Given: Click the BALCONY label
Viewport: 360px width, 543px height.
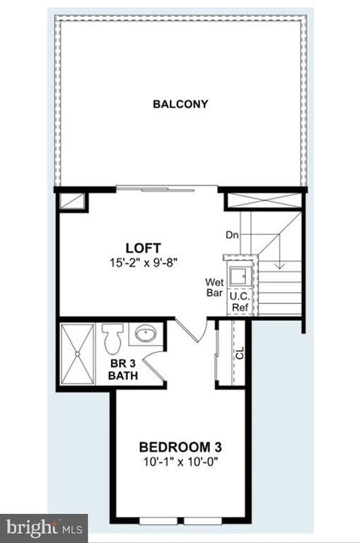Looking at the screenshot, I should coord(180,104).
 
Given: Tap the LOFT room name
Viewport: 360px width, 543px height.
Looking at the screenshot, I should coord(143,248).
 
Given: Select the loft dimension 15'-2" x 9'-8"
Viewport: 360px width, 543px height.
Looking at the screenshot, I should coord(143,262).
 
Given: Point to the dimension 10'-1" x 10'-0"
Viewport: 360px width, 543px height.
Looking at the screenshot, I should coord(180,461).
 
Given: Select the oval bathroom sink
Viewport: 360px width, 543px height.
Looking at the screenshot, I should coord(147,333).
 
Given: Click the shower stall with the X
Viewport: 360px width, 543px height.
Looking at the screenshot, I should coord(78,354).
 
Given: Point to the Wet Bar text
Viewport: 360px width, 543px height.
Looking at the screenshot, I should coord(214,287).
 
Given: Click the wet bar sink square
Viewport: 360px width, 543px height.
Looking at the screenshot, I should coord(238,275).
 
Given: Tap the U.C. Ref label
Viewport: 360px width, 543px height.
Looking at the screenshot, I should coord(239,303).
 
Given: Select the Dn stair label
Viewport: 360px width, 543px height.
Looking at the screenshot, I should coord(232,235).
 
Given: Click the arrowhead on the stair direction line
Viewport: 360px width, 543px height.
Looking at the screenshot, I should coord(279,265).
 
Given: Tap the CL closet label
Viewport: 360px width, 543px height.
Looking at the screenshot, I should coord(240,353).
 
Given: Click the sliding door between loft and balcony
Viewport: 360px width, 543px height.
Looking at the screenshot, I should coord(167,187).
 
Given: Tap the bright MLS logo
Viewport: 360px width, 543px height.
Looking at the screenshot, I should coord(44,527).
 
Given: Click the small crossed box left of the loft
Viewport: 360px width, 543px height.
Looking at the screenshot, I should coord(72,201).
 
